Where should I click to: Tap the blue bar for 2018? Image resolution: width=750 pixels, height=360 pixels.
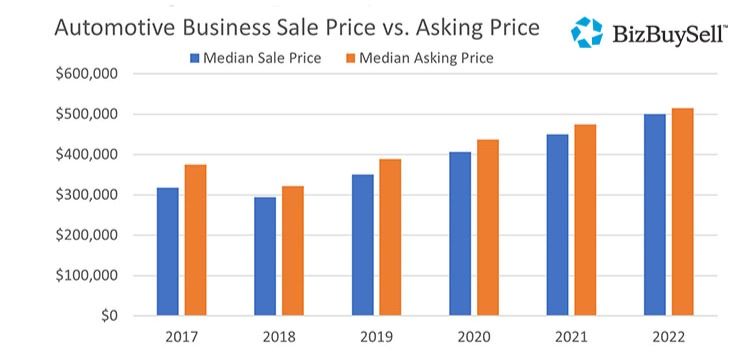click(x=265, y=256)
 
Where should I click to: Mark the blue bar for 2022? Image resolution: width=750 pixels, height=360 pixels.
click(x=655, y=215)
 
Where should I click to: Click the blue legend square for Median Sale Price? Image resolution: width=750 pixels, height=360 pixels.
click(x=194, y=58)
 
